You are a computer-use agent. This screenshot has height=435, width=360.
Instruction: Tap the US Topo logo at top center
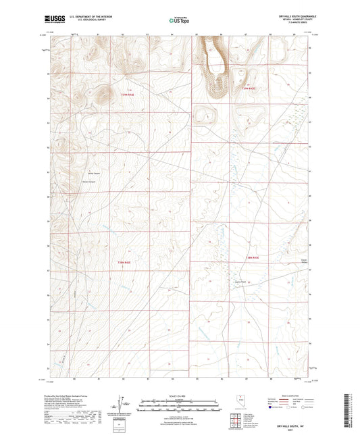click(178, 20)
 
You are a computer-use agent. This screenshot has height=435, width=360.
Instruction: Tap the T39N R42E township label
click(136, 95)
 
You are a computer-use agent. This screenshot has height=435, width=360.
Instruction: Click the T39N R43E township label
click(248, 88)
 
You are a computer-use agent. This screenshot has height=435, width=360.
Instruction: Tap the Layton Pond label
click(238, 282)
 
